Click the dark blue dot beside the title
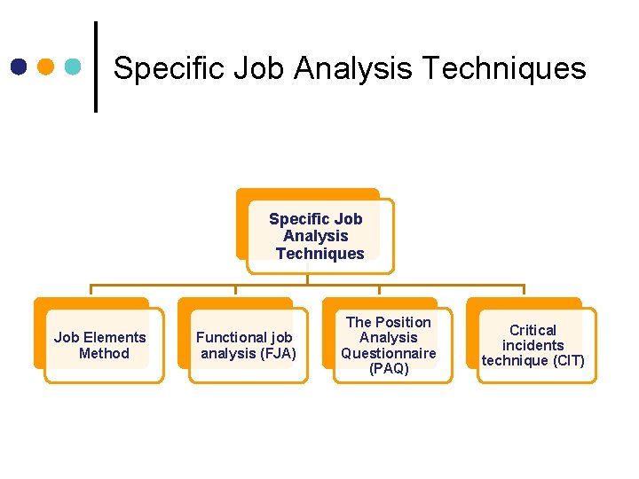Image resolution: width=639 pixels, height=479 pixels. (20, 67)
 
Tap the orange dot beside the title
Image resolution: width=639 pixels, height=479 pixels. (47, 67)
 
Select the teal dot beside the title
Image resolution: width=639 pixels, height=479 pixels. (74, 67)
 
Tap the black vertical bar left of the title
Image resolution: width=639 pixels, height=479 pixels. (95, 67)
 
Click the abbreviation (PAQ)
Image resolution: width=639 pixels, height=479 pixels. (389, 369)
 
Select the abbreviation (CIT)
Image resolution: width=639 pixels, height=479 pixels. (567, 360)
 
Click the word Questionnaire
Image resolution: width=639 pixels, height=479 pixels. (389, 353)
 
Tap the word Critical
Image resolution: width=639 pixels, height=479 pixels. (532, 330)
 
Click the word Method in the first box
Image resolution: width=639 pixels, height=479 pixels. (104, 353)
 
